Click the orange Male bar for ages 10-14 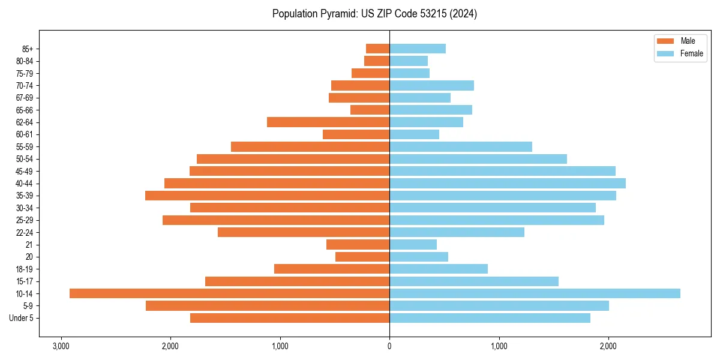click(229, 293)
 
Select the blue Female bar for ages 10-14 click(535, 293)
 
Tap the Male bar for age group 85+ click(377, 49)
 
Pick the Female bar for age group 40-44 click(507, 184)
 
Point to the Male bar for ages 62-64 click(328, 122)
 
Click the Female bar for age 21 click(413, 245)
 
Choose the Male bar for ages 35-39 click(267, 196)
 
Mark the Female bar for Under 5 click(490, 318)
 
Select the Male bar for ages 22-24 click(304, 232)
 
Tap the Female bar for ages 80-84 click(409, 61)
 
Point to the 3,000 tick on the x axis click(61, 346)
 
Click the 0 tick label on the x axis click(389, 346)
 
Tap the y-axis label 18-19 click(25, 269)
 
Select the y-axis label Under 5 click(21, 318)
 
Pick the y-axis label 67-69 click(25, 98)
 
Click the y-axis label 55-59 click(25, 147)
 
